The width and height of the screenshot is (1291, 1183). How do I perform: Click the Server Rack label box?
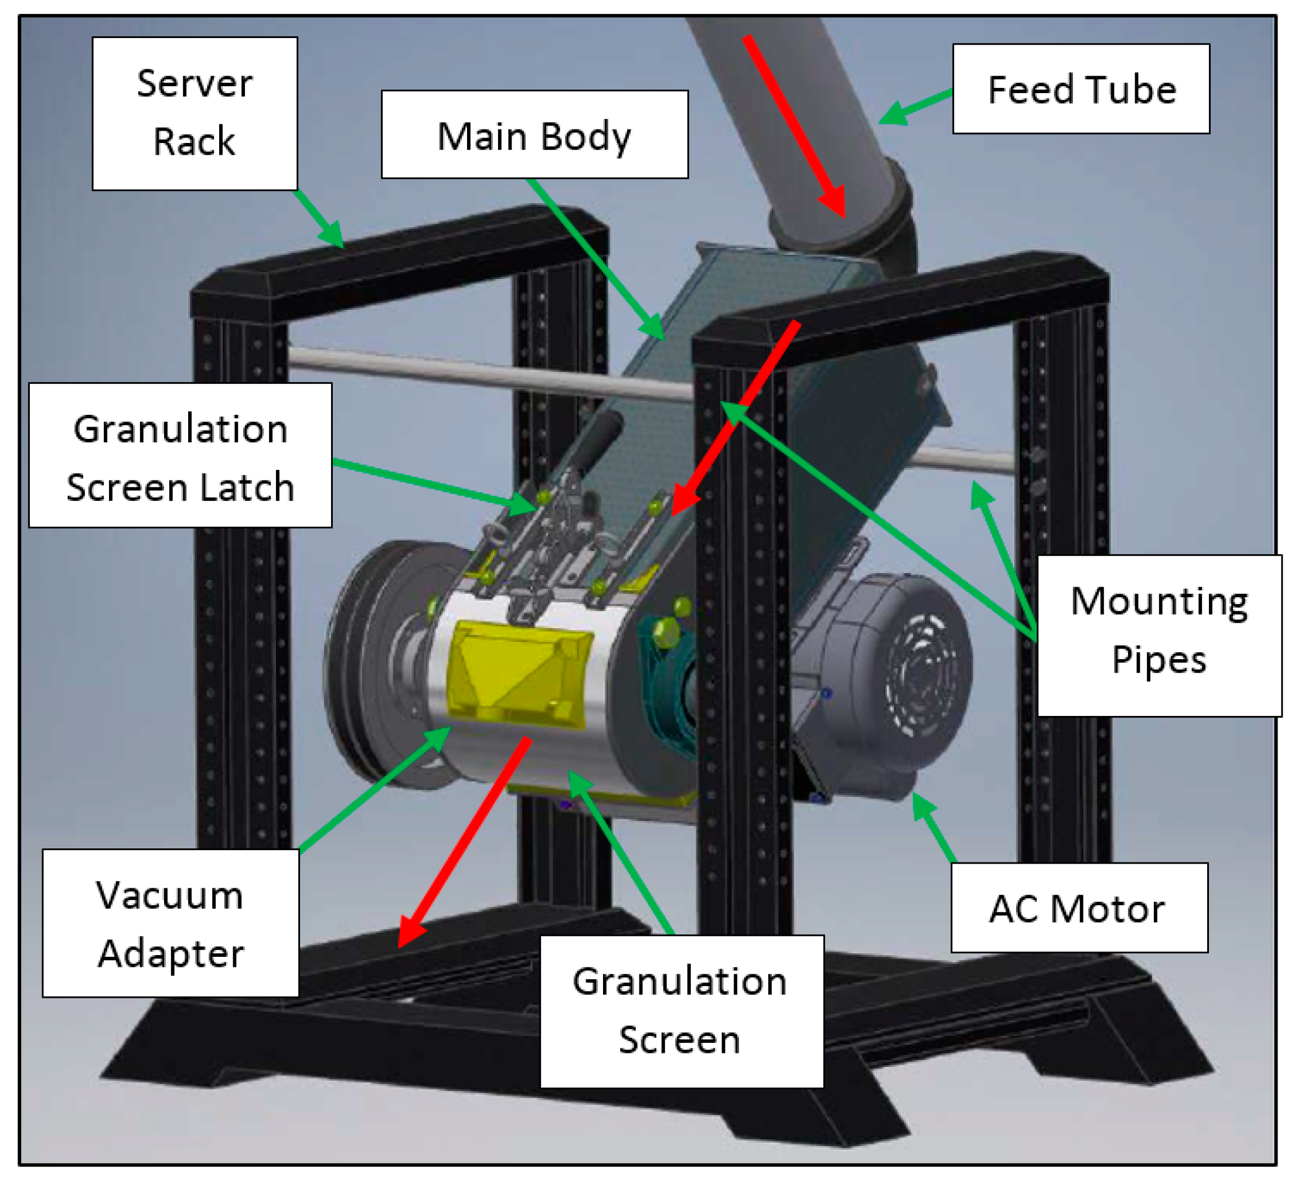pos(195,113)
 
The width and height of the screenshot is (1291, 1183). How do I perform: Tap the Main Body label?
pos(534,134)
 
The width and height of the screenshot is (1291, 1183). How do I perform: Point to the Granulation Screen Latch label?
pos(180,455)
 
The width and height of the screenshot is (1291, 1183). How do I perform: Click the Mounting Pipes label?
pos(1159,635)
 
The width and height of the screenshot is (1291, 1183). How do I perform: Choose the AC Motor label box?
pos(1078,908)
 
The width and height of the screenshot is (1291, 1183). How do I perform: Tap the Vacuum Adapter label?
pos(171,922)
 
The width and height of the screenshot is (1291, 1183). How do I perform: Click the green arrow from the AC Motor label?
pos(934,826)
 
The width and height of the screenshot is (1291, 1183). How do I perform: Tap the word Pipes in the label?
pos(1159,660)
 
